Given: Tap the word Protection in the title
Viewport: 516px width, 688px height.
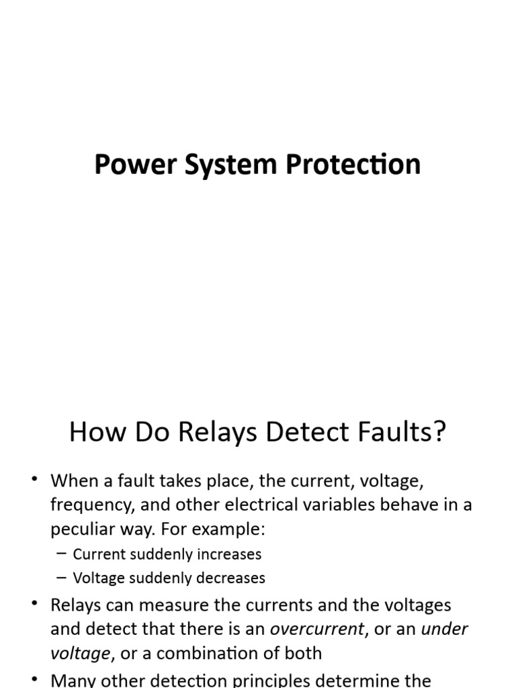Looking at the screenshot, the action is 353,165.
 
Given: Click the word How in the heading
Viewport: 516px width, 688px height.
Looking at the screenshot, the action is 91,433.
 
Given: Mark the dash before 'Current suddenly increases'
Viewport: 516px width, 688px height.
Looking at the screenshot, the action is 62,554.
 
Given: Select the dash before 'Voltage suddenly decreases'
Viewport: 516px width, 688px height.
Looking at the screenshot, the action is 62,578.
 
